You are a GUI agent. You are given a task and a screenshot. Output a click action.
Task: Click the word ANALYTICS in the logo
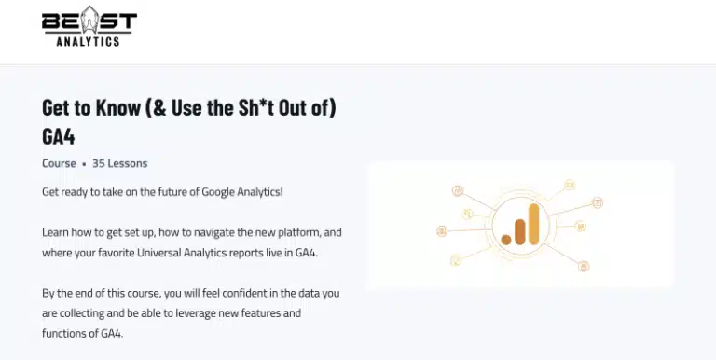pyautogui.click(x=89, y=40)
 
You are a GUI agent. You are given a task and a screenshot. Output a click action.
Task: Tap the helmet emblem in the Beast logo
pyautogui.click(x=89, y=21)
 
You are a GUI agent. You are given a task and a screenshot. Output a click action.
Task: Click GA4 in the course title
pyautogui.click(x=59, y=135)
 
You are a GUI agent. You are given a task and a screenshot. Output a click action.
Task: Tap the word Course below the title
pyautogui.click(x=59, y=163)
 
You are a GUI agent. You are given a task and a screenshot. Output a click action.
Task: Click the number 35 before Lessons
pyautogui.click(x=99, y=163)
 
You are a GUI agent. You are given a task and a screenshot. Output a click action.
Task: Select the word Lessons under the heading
pyautogui.click(x=128, y=163)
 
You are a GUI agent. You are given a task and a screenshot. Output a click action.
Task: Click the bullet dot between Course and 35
pyautogui.click(x=84, y=164)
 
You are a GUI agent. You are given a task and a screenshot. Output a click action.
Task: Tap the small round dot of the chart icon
pyautogui.click(x=506, y=239)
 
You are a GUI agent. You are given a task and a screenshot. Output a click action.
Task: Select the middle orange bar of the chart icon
pyautogui.click(x=519, y=230)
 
